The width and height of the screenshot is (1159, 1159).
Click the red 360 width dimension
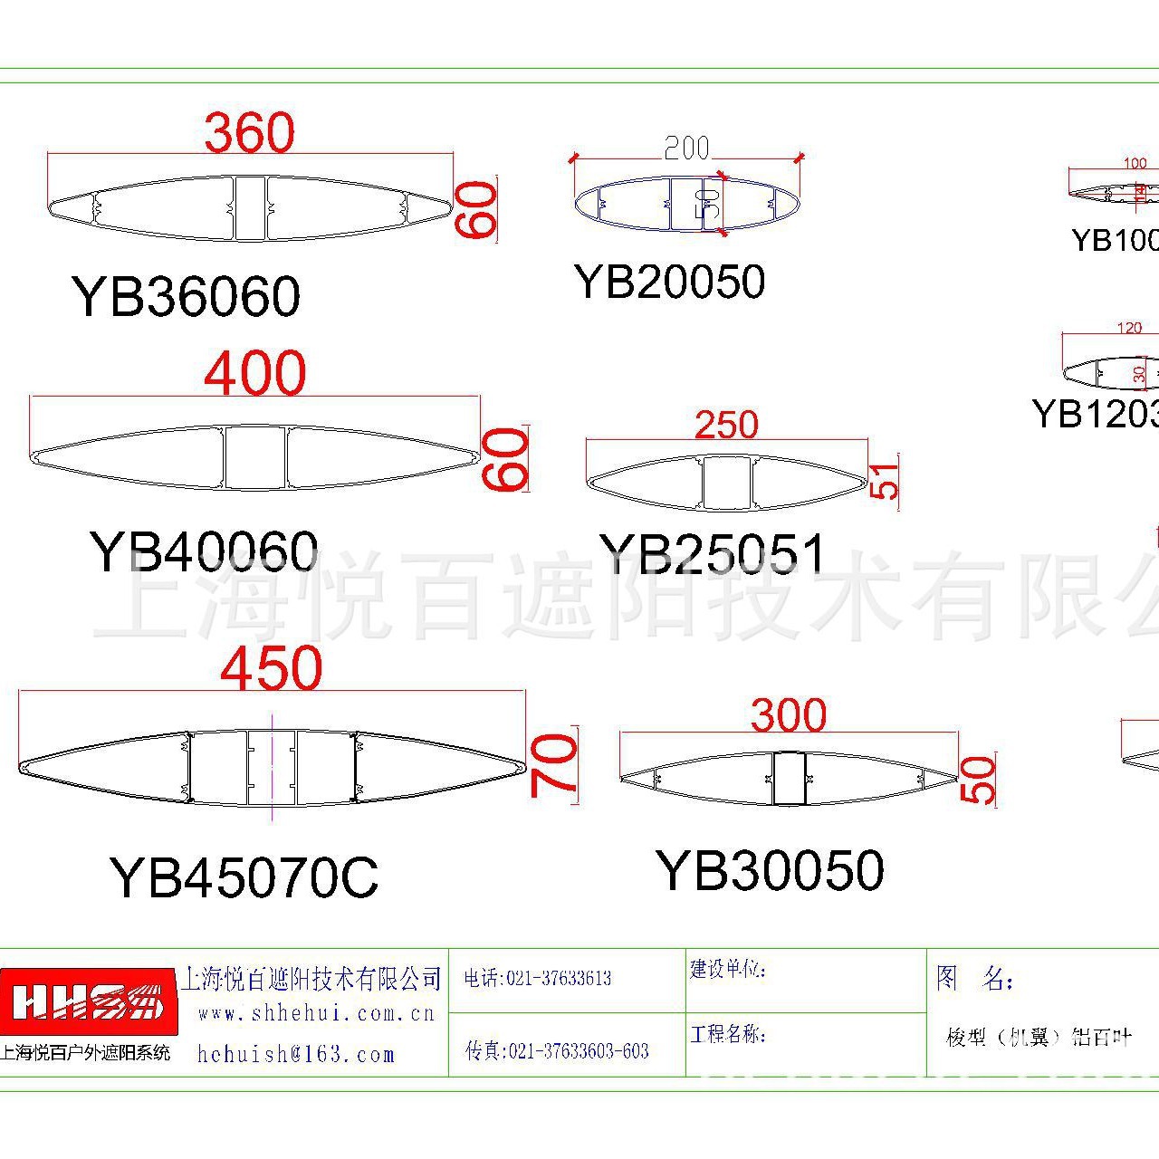pos(250,133)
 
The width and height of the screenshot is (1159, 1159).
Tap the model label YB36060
pos(187,296)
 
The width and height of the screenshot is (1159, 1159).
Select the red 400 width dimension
pos(255,373)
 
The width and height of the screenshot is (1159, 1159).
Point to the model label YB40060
pos(204,551)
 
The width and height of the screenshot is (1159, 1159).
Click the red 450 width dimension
pos(272,668)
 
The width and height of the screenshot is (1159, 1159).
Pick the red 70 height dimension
pos(554,765)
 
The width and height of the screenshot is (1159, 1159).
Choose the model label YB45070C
pos(244,876)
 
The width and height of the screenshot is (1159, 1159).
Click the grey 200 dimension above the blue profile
pos(687,148)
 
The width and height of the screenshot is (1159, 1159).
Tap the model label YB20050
pos(670,282)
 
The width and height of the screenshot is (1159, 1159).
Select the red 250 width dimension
pos(726,425)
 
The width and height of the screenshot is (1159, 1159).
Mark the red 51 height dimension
pos(885,481)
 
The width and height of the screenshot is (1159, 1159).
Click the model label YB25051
pos(713,553)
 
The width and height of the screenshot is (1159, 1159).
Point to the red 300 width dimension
pos(789,716)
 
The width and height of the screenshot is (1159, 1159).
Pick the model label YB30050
pos(771,870)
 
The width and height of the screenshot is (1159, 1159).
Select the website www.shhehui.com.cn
pos(316,1013)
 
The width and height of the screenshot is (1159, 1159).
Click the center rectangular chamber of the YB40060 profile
pos(255,457)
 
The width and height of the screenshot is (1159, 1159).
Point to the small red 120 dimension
pos(1129,328)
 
